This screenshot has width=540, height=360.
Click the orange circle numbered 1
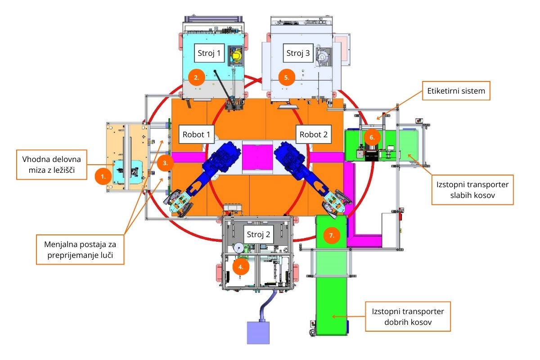(103, 177)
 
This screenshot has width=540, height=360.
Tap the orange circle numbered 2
(196, 77)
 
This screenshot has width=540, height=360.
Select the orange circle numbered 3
(166, 163)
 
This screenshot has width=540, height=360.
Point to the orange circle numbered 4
(241, 266)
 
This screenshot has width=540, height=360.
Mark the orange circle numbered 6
(372, 137)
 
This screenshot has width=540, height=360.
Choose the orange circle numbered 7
(332, 235)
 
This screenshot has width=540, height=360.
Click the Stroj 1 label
(209, 53)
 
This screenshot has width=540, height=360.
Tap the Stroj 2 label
(258, 234)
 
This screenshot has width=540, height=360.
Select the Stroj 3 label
(298, 53)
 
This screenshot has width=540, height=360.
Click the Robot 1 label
(197, 134)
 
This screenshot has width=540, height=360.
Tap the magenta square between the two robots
(257, 157)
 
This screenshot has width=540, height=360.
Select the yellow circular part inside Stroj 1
(235, 56)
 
